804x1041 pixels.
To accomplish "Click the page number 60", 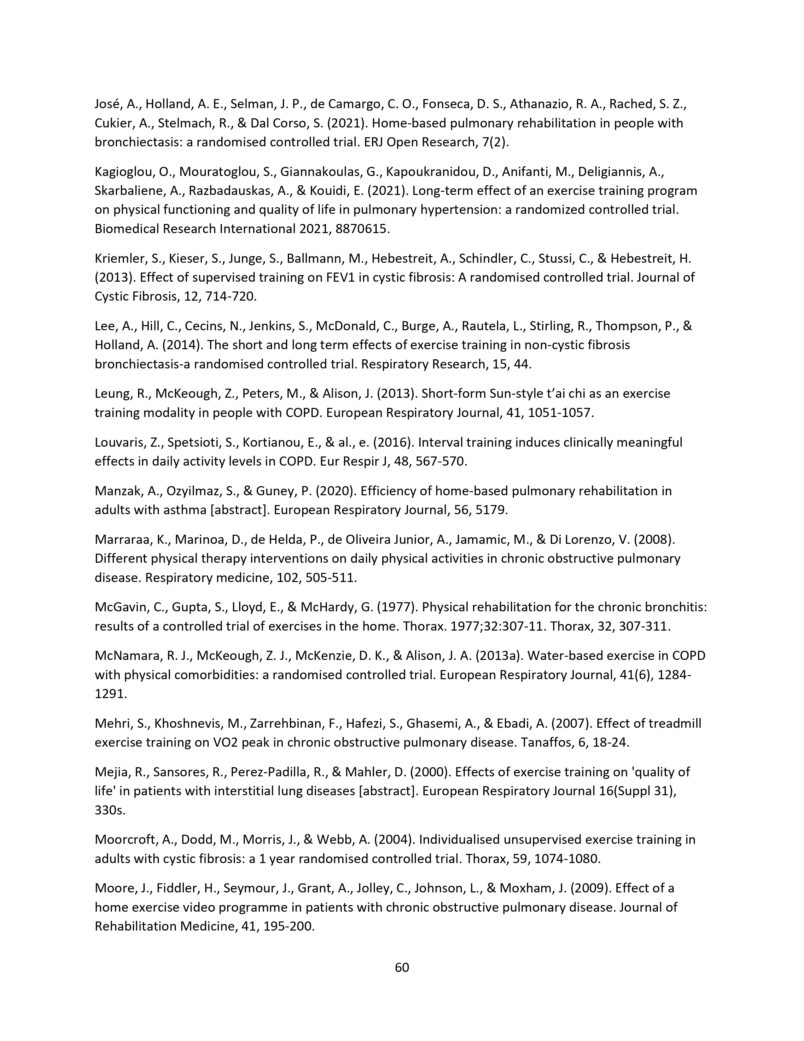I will click(x=402, y=967).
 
